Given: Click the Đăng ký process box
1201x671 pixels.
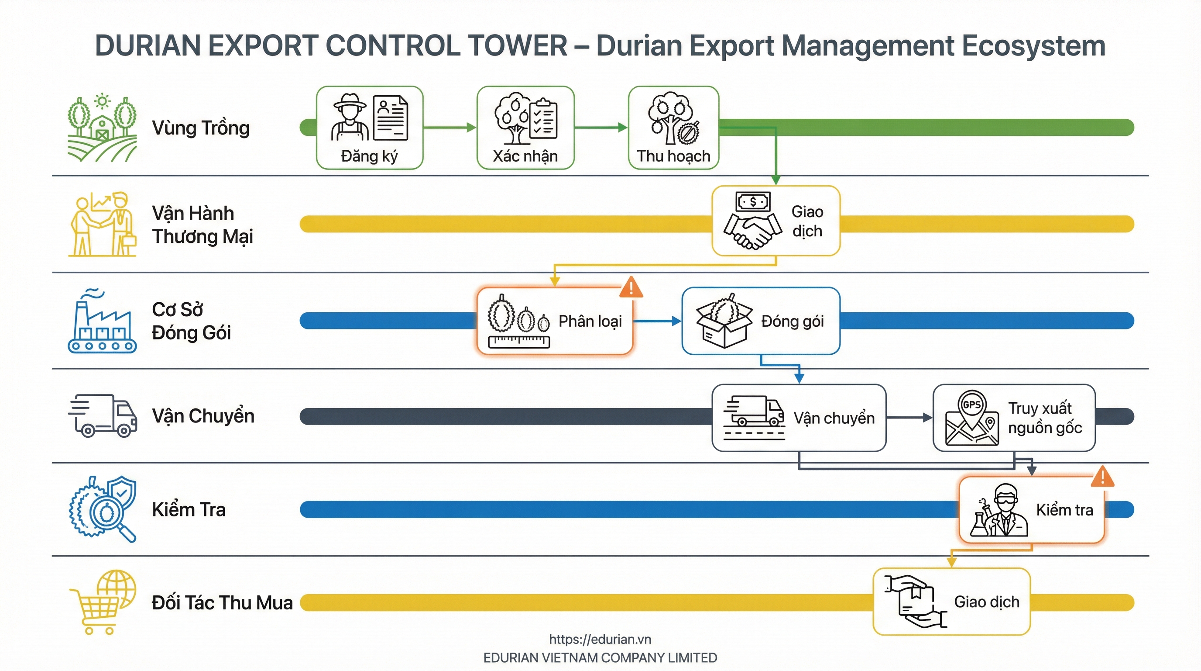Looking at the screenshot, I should [x=369, y=128].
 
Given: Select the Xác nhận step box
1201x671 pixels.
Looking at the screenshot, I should [x=525, y=128].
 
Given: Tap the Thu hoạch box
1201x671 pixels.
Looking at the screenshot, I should [x=673, y=128].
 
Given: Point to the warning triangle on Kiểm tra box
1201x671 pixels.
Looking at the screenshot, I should [x=1102, y=477].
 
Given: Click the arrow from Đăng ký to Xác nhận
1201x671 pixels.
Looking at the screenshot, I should [x=450, y=128].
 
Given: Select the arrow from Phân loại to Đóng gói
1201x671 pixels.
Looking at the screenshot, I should [x=657, y=321].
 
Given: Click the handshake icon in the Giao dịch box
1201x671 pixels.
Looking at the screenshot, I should [x=752, y=221].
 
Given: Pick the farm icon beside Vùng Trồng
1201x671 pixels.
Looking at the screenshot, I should [x=102, y=128].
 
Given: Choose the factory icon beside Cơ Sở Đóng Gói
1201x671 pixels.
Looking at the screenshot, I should [x=102, y=321].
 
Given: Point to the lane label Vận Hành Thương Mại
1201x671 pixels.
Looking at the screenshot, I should [x=202, y=225].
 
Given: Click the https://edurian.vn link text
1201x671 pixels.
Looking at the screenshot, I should [x=600, y=639].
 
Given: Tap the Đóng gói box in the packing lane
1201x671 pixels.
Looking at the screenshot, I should [x=760, y=321].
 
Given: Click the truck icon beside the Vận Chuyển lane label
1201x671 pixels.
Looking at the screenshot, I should [x=103, y=416].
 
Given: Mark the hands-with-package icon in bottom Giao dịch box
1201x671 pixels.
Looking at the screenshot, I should [x=915, y=602].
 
